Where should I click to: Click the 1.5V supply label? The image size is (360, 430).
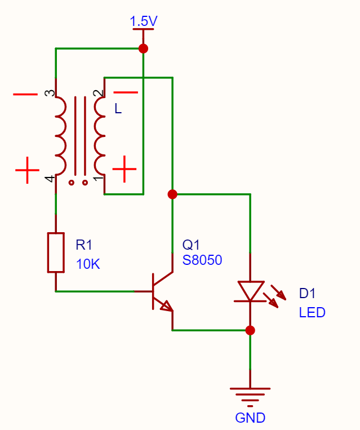144,21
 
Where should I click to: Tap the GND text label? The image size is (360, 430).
250,418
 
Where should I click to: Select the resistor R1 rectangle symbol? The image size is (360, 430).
56,252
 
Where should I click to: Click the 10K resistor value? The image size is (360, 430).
88,264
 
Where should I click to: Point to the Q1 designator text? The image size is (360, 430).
191,245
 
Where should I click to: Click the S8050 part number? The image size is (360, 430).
202,260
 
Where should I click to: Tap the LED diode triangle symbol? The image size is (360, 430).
250,291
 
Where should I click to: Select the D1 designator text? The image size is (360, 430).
307,294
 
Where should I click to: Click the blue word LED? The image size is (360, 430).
312,313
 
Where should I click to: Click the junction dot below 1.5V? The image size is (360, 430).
144,48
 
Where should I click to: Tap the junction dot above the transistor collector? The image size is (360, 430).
172,194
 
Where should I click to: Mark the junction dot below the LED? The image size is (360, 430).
250,330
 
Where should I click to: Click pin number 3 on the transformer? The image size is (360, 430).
50,93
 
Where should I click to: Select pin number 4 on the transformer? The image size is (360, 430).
50,179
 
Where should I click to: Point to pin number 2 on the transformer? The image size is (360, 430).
99,93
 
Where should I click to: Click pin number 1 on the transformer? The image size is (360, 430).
99,179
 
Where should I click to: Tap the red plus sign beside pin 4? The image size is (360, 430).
27,170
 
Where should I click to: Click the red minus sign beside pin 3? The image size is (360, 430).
25,94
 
